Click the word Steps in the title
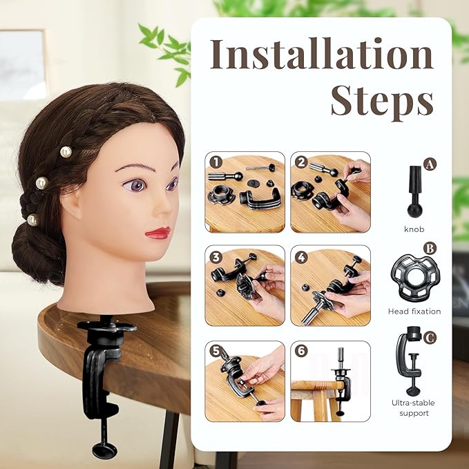pos(381,102)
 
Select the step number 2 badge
pos(300,163)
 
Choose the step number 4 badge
pos(300,256)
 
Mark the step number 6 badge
pos(300,350)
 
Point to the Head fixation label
pos(414,312)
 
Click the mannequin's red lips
pos(158,233)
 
